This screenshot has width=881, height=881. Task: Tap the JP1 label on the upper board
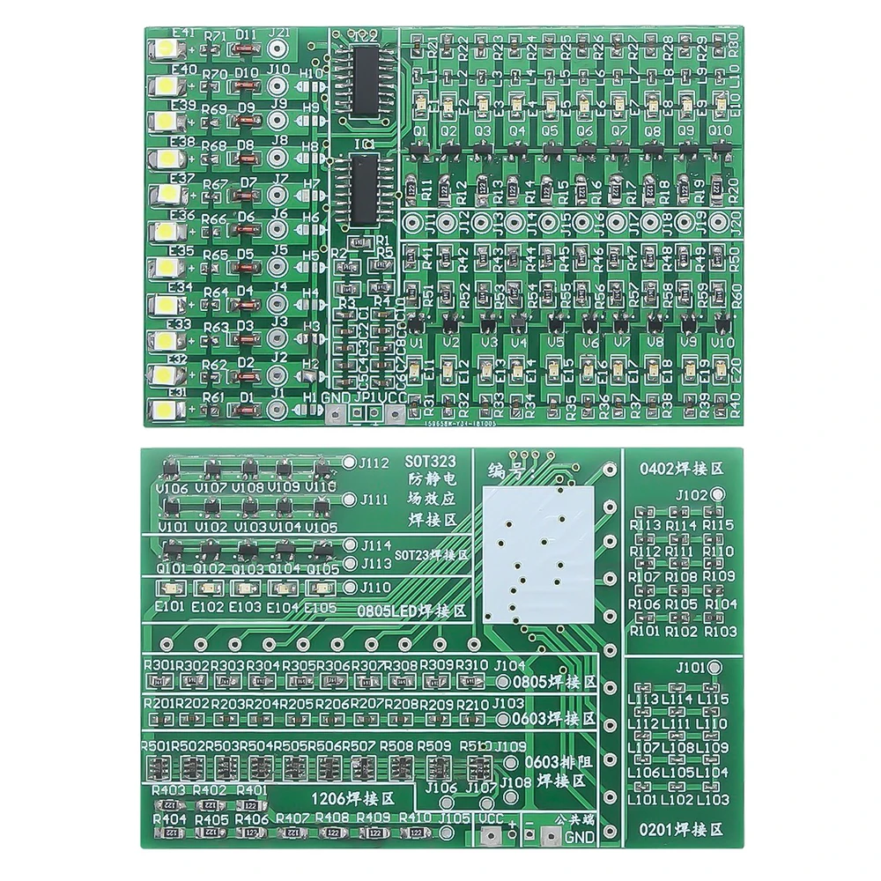click(x=365, y=397)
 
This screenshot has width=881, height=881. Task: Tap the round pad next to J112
click(x=350, y=462)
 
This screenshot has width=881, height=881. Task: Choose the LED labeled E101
click(x=168, y=589)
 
